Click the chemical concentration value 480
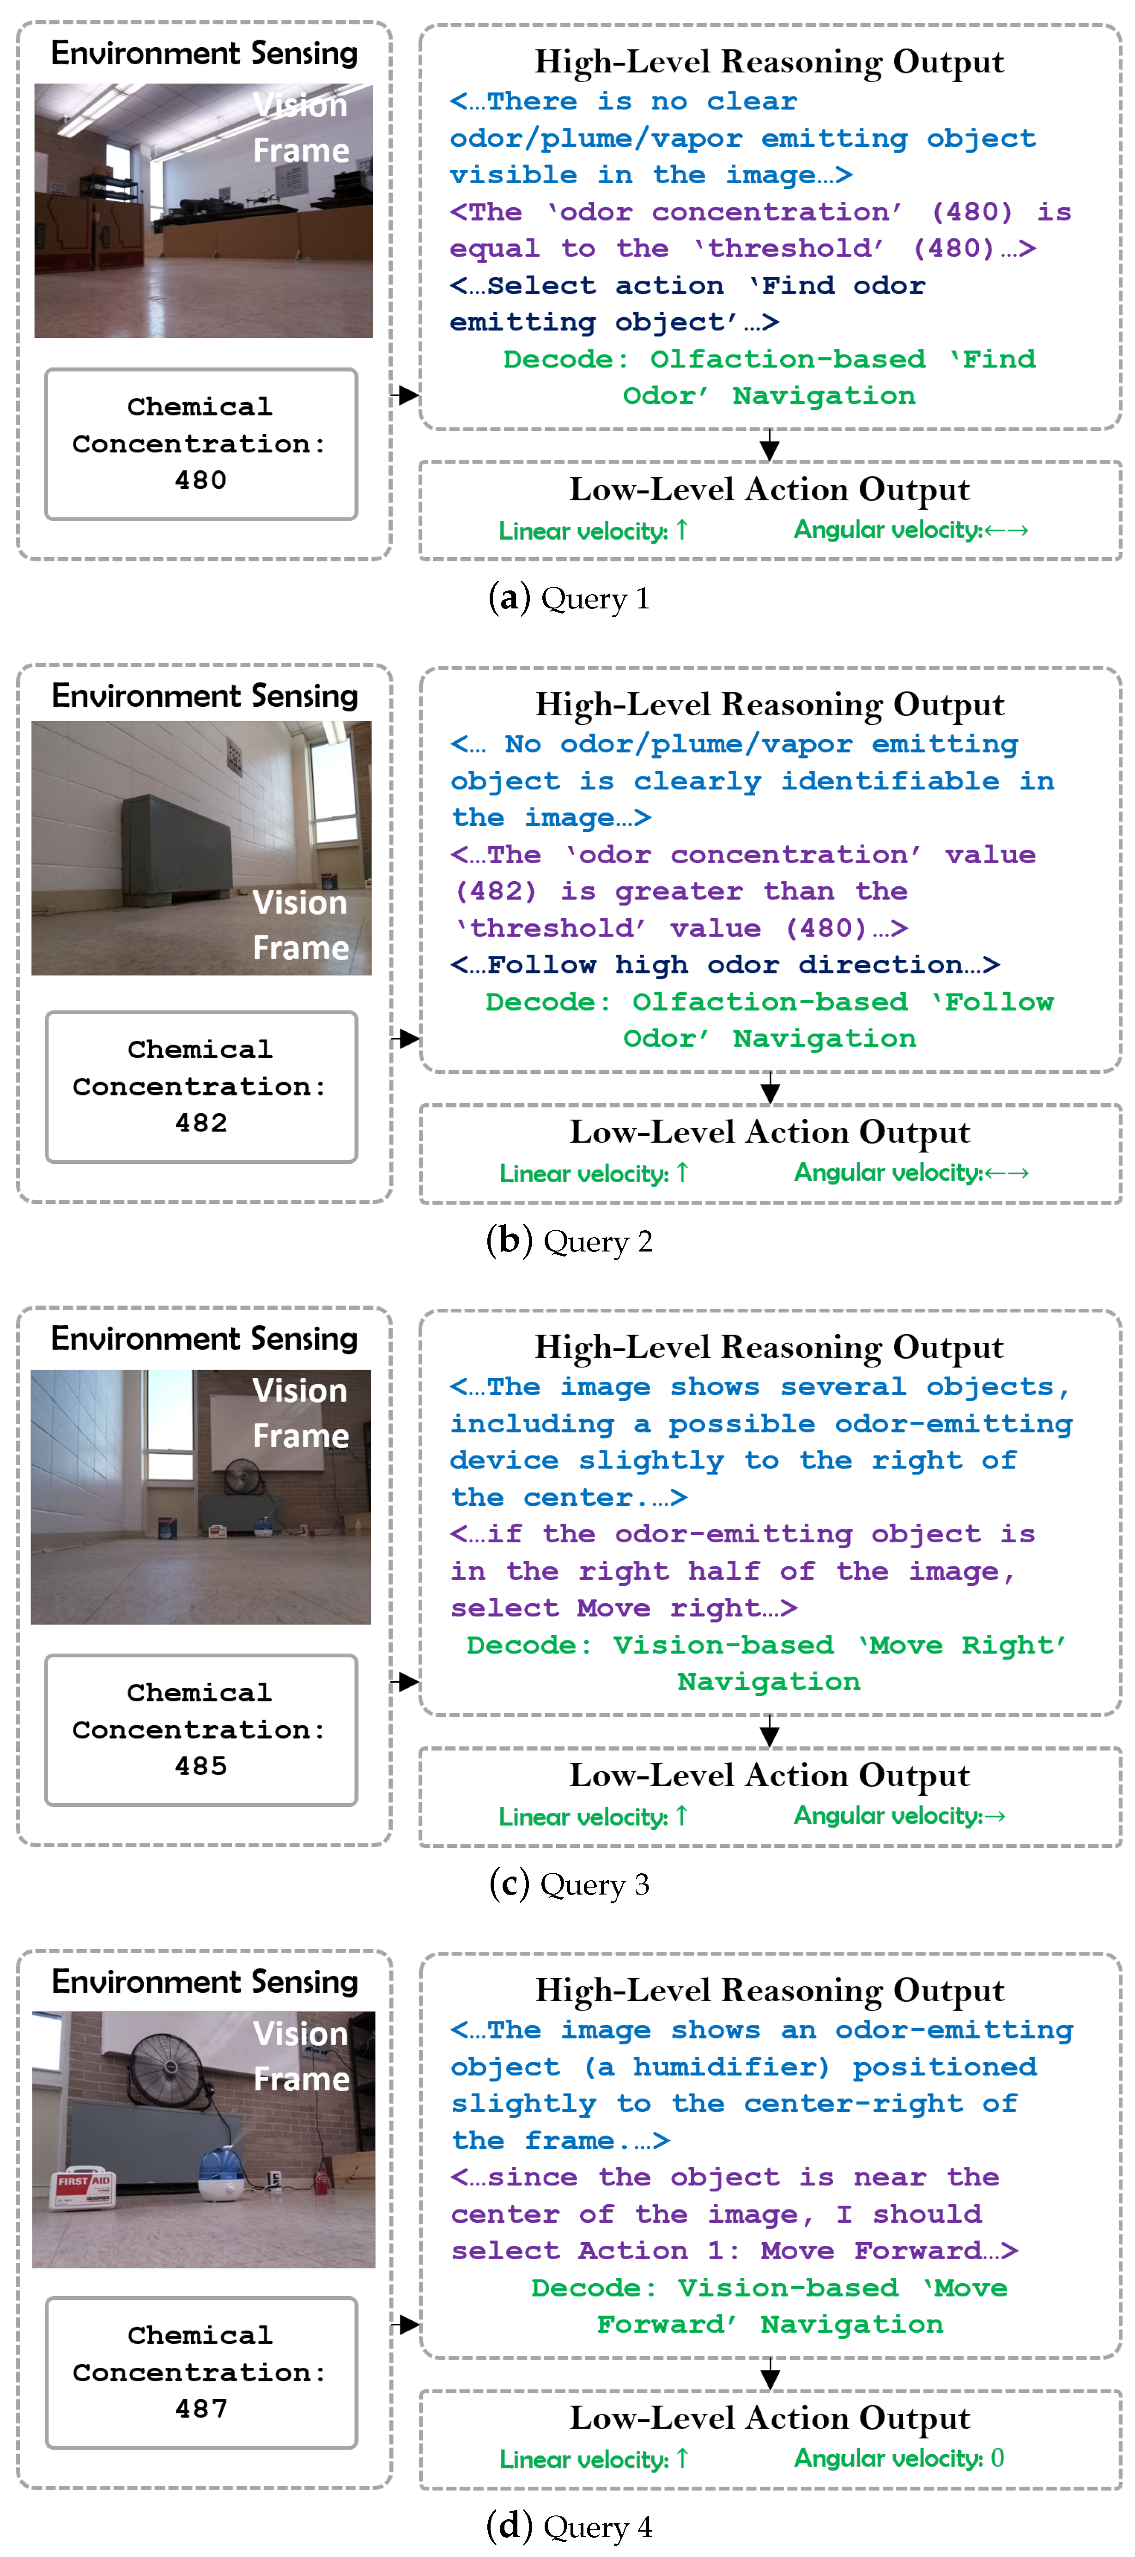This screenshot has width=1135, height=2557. [x=200, y=481]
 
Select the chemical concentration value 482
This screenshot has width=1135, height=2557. [x=200, y=1123]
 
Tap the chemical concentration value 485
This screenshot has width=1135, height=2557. [x=200, y=1766]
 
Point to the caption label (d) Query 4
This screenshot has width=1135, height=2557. [x=569, y=2526]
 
